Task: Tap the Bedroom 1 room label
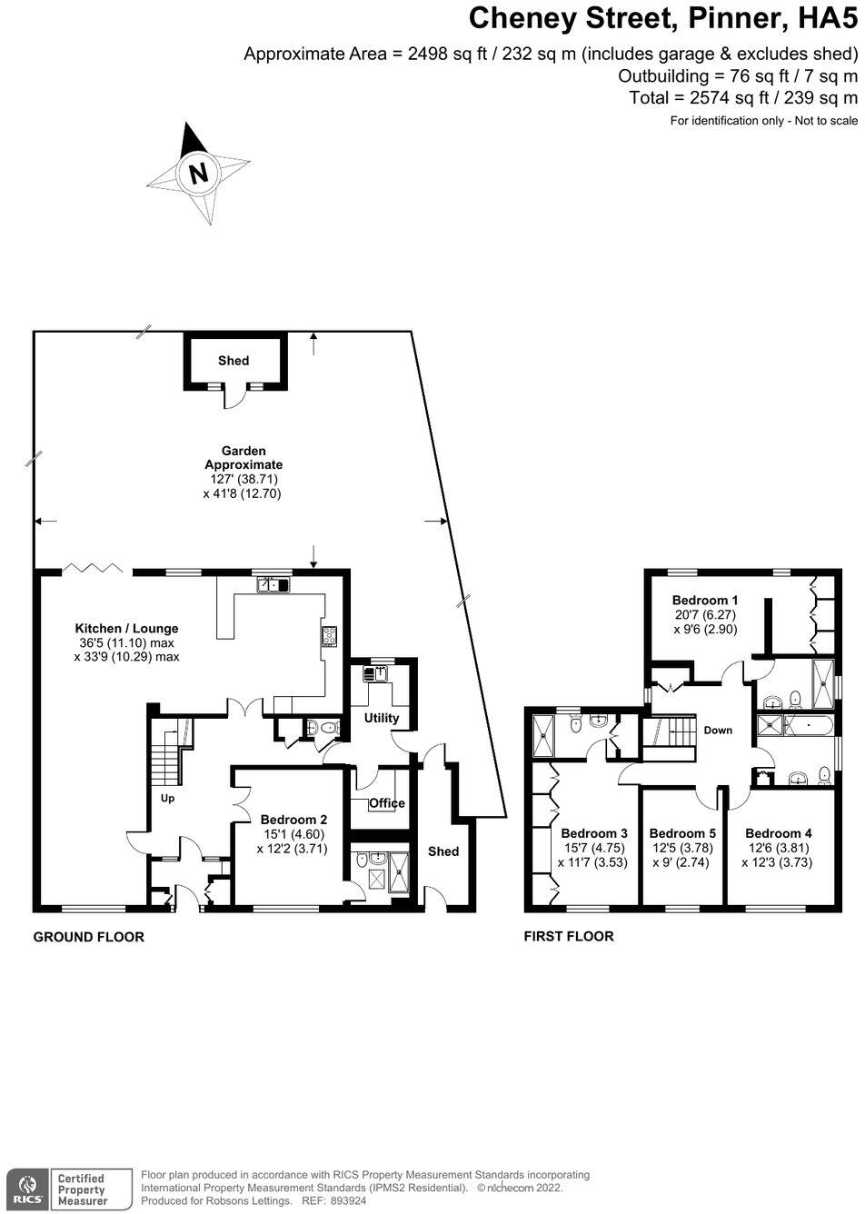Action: [x=704, y=600]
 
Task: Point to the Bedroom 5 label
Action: [x=682, y=833]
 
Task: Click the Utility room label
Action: [x=382, y=718]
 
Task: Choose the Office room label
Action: [x=386, y=803]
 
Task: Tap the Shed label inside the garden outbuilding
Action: [x=234, y=361]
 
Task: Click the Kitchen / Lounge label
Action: [x=126, y=628]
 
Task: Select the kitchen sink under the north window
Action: [x=273, y=585]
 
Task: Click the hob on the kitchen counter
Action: [x=328, y=636]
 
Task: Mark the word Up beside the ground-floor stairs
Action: [x=167, y=799]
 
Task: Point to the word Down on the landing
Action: [x=718, y=731]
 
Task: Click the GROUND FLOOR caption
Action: [x=88, y=937]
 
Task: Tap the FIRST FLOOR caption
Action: [x=569, y=936]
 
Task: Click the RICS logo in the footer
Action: [x=25, y=1189]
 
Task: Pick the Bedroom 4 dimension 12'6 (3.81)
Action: [x=778, y=848]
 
